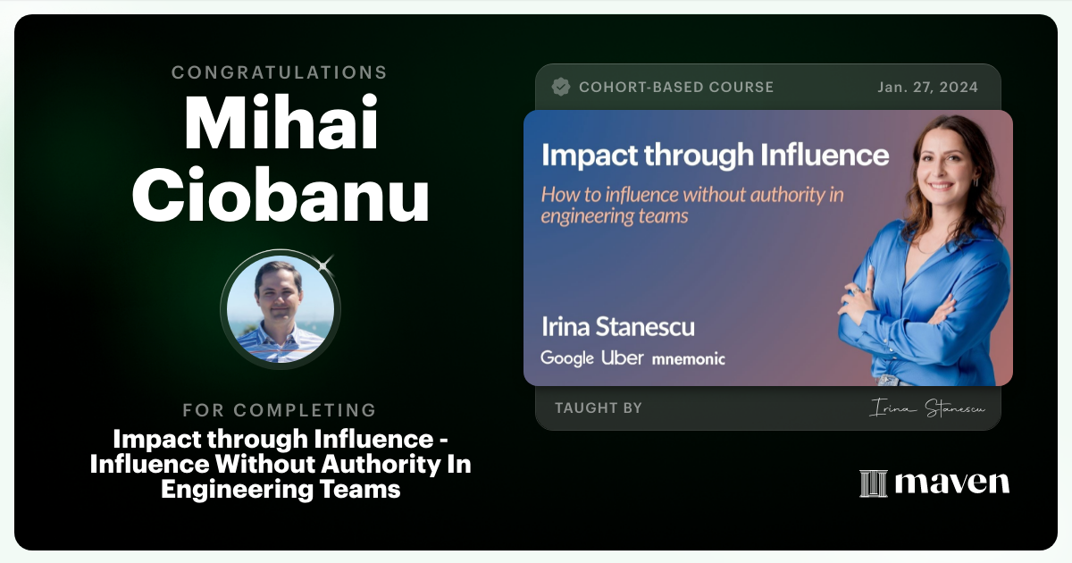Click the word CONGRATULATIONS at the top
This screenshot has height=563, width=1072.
point(280,72)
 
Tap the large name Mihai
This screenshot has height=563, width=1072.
point(281,123)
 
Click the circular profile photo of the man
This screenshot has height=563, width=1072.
point(281,308)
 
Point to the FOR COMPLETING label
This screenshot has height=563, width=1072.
point(280,410)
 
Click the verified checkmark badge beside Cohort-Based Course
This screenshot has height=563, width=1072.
point(561,87)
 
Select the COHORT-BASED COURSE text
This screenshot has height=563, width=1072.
point(676,88)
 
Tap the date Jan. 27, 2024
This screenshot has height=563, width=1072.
point(928,88)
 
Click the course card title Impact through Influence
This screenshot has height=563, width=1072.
point(716,155)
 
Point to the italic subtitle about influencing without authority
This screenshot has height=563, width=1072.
point(692,205)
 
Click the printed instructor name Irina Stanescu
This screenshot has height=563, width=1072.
point(617,326)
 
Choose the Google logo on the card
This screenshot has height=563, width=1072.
point(567,358)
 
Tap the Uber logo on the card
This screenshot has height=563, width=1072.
point(623,358)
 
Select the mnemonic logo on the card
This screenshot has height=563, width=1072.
point(688,359)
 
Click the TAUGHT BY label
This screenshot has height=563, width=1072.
point(598,408)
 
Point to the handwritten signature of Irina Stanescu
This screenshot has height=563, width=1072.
point(925,409)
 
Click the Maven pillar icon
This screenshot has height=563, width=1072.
point(873,483)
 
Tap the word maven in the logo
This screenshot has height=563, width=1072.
point(951,483)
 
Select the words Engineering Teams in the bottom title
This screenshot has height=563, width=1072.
point(281,489)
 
